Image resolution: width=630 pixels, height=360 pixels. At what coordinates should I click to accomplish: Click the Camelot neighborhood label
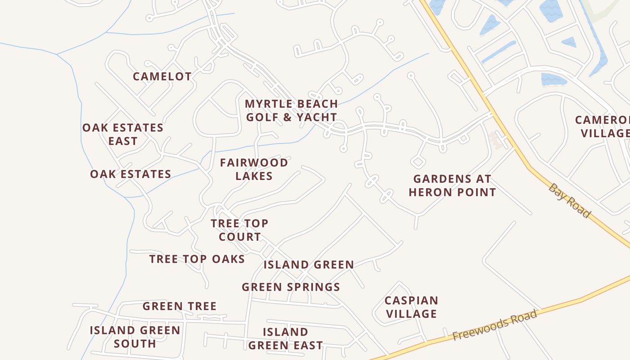point(162,76)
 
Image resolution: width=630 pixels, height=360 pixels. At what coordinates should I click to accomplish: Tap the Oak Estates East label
point(123,134)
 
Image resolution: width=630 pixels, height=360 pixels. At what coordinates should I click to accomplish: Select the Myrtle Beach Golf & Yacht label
point(291,110)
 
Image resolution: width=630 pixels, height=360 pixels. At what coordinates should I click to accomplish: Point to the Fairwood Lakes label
point(254,169)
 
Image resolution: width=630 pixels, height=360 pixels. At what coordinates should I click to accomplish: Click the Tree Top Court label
point(239,230)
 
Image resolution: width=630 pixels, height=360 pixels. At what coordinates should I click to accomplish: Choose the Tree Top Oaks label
point(197,259)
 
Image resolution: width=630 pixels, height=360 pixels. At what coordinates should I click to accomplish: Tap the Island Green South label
point(135,337)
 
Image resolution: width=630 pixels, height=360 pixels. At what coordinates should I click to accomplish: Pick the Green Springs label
point(291,287)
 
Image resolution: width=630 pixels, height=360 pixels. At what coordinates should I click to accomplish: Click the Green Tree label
point(180,306)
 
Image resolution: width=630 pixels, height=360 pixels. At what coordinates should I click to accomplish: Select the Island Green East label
point(285,339)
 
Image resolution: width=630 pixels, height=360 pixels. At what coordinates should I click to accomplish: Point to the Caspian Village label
point(411,307)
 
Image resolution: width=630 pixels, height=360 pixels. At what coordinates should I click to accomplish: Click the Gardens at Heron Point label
point(452,185)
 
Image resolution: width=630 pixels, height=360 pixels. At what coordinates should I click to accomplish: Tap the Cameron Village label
point(603,126)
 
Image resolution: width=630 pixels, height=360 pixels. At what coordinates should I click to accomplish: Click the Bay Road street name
point(569,201)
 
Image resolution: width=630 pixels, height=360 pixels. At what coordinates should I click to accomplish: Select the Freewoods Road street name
point(495,325)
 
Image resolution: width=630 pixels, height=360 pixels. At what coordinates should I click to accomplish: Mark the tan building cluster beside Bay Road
point(496,140)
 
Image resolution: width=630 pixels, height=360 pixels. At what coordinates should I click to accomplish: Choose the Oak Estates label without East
point(130,174)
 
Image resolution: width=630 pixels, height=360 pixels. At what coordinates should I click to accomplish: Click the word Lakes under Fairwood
point(254,176)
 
